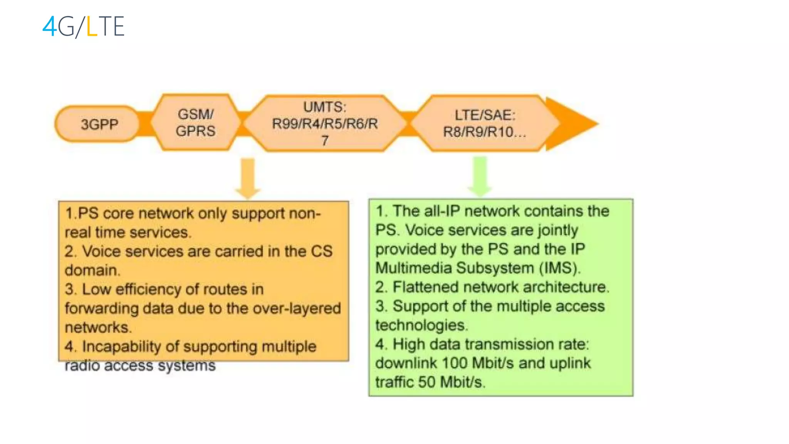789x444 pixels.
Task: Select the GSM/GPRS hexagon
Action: point(195,123)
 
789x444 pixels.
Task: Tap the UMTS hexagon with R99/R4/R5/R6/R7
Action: point(325,123)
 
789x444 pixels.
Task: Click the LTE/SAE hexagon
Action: point(484,123)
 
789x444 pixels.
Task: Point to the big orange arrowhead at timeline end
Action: point(574,124)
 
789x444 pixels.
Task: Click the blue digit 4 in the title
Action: point(50,27)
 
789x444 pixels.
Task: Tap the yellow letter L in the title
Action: point(91,27)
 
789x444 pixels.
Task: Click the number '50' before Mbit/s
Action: point(427,382)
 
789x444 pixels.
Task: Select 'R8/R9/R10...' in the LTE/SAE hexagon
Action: point(484,132)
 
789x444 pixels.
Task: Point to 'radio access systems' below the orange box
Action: point(140,365)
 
